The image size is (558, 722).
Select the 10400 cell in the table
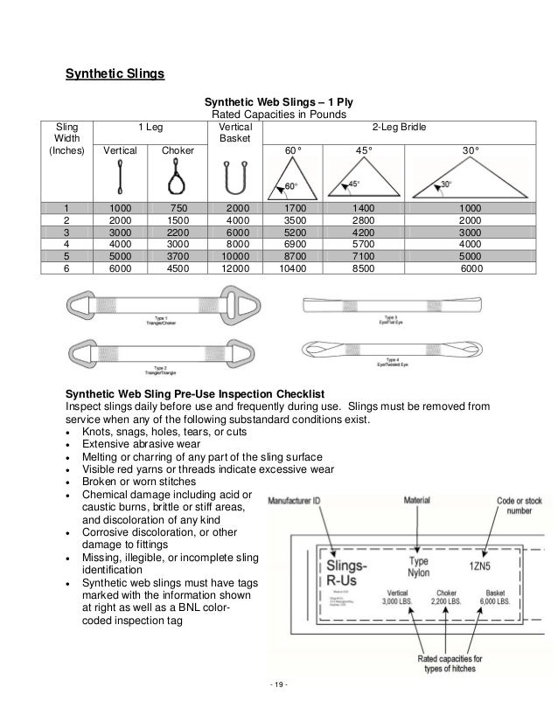click(298, 270)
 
